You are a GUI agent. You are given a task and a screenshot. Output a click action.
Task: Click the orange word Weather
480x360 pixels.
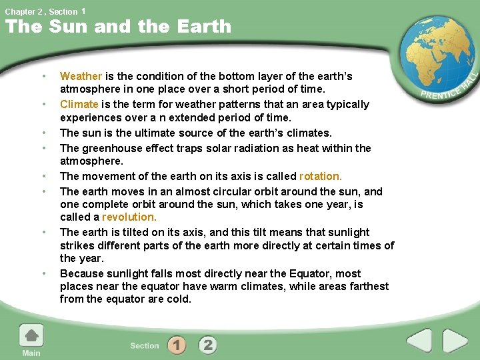(81, 76)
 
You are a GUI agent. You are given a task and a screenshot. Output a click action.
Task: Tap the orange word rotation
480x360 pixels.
(320, 176)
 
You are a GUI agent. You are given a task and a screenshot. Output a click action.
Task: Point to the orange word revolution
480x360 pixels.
(129, 217)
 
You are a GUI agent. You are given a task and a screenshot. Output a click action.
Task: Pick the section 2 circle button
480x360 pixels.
(208, 345)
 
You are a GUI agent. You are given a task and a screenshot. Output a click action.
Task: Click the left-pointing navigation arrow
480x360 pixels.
(419, 341)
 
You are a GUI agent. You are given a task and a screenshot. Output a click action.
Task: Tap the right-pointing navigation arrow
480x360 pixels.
(455, 341)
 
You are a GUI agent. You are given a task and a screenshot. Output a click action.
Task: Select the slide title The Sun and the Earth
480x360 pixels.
(118, 27)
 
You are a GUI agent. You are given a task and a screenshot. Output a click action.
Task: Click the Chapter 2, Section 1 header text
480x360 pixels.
(45, 11)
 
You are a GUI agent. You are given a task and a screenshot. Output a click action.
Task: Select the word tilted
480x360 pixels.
(130, 232)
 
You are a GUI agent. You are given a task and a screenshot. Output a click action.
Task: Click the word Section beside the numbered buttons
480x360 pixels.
(145, 345)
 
